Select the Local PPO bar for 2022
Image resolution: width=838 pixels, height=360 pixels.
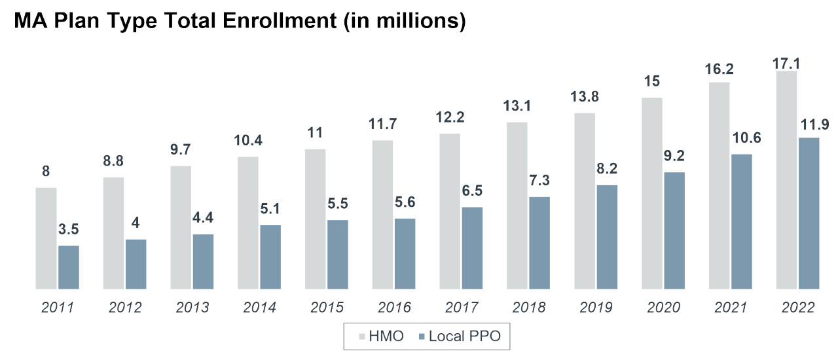(x=809, y=213)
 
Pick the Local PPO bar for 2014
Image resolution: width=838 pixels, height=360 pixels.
(x=270, y=257)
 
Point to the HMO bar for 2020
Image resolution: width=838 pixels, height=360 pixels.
(x=652, y=193)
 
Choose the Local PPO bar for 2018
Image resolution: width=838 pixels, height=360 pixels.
(x=539, y=242)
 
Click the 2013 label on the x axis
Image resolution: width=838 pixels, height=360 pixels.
(x=191, y=307)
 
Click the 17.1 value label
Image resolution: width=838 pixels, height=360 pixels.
(x=786, y=63)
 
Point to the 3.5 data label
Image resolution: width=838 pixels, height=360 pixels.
(x=68, y=230)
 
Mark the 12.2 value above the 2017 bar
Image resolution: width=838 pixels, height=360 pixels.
(x=450, y=118)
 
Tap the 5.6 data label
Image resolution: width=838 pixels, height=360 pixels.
(x=405, y=204)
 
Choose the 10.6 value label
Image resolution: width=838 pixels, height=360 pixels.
(x=741, y=139)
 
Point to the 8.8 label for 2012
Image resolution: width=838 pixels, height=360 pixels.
(x=113, y=162)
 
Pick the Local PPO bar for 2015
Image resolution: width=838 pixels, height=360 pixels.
(x=338, y=254)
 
